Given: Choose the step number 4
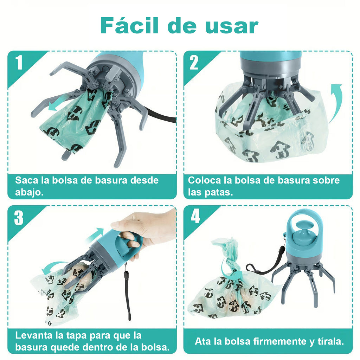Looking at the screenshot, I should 195,217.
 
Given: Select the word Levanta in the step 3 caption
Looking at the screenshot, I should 33,335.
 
